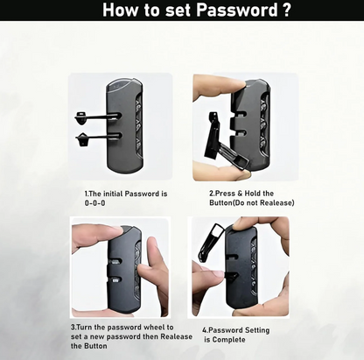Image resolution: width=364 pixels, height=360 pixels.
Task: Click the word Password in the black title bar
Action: (237, 10)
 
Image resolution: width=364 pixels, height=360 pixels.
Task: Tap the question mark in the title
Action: (287, 10)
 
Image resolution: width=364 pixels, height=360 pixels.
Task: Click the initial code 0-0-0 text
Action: (94, 203)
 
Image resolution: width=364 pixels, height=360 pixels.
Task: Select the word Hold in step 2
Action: (253, 194)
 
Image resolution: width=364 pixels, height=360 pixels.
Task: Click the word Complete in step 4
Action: (228, 340)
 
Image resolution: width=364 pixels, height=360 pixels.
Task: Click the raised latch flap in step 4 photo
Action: (211, 243)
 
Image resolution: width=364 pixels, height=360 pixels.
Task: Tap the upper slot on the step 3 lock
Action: (116, 261)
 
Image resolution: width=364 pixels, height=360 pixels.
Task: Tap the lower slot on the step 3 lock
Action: (116, 280)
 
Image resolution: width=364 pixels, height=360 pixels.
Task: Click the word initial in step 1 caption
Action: (113, 194)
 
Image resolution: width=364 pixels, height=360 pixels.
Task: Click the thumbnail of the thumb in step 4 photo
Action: (217, 274)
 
